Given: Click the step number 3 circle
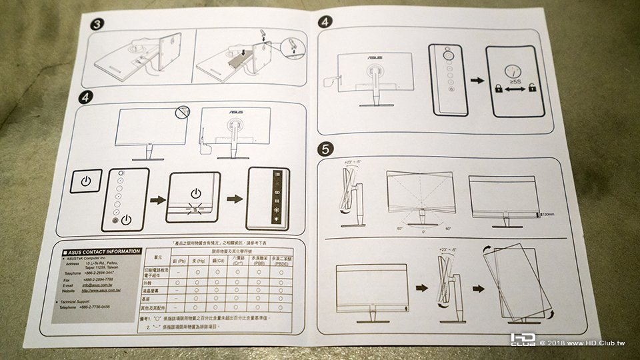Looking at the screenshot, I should click(x=97, y=25).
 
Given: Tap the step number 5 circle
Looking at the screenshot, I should click(x=324, y=151).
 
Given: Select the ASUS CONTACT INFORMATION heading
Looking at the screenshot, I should click(x=104, y=251).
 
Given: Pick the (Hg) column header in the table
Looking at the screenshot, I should click(x=199, y=262).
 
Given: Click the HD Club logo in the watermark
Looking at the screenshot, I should click(x=523, y=340).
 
